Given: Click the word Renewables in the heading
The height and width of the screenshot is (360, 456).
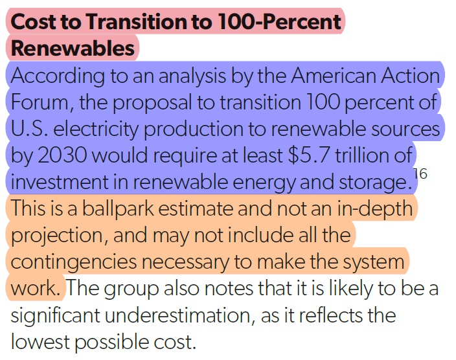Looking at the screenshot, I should pyautogui.click(x=73, y=47).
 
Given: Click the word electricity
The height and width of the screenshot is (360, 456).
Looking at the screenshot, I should pyautogui.click(x=97, y=128).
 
